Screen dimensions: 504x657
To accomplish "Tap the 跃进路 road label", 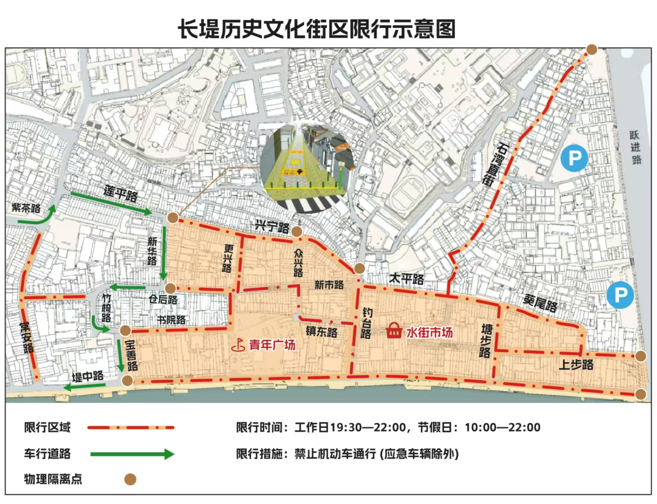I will tap(635, 147).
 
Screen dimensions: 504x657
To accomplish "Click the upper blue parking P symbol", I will tap(574, 158).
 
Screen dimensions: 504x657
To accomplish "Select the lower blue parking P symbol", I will tap(620, 295).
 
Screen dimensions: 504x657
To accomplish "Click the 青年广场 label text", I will tap(272, 345).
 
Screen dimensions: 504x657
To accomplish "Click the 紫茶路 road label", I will tap(26, 208).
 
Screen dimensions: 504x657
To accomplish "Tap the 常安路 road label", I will tap(27, 337).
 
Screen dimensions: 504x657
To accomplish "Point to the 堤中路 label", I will tap(88, 376).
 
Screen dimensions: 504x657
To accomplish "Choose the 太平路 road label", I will tap(406, 279).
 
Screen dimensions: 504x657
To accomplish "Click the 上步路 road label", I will tap(576, 365).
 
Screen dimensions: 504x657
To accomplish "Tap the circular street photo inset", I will tap(306, 167).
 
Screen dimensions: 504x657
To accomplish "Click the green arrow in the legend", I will tap(132, 454).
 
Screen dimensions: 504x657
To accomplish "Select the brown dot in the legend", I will tap(130, 479).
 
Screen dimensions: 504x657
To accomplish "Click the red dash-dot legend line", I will tap(131, 428).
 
